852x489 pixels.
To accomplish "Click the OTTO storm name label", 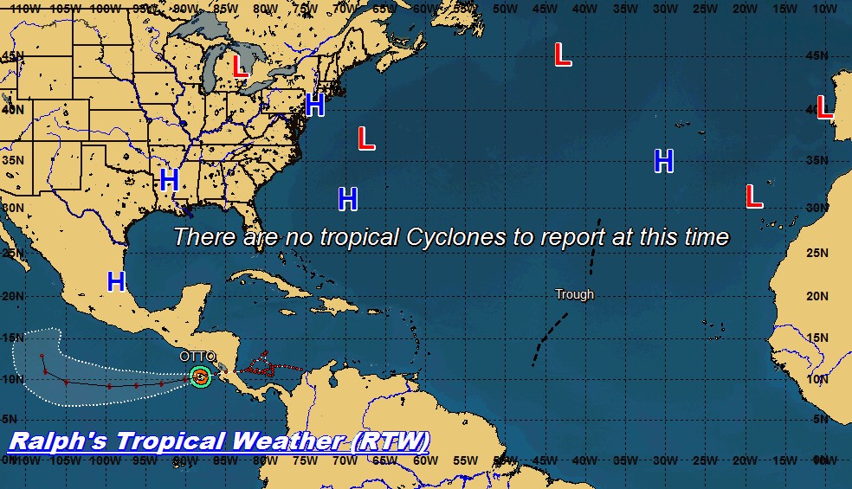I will tap(197, 357).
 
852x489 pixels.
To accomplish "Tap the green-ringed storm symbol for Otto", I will tap(201, 376).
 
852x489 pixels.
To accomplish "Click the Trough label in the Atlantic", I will tap(575, 294).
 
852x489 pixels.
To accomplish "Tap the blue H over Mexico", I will tap(116, 281).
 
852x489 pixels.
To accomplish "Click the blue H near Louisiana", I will tap(170, 180).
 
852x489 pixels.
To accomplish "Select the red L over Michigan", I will tap(240, 66).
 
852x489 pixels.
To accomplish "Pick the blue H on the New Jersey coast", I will tap(315, 106).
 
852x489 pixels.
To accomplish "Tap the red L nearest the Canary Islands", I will tap(754, 196).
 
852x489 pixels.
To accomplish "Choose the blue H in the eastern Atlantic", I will tap(664, 161).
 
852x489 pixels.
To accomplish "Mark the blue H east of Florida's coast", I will tap(347, 199).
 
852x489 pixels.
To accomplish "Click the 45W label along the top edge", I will tap(544, 9).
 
